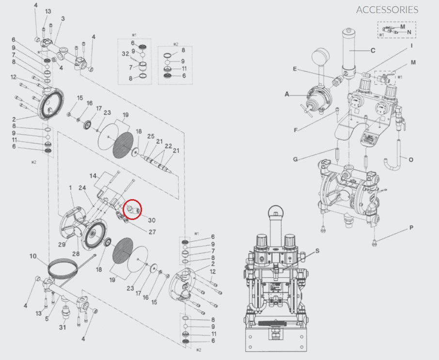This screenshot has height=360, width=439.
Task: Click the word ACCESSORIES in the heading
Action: tap(387, 10)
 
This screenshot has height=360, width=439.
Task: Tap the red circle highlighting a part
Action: tap(132, 209)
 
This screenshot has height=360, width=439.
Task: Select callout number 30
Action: tap(152, 220)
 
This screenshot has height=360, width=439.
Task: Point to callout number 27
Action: tap(152, 232)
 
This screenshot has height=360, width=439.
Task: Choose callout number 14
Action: tap(93, 175)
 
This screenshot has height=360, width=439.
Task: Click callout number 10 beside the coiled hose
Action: tap(33, 256)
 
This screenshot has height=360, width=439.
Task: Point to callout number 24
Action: tap(82, 188)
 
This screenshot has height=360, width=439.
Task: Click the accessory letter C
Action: tap(373, 50)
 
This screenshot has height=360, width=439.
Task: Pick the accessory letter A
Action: tap(286, 95)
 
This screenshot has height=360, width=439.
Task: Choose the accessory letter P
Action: tap(411, 227)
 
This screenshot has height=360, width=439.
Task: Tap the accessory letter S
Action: tap(317, 250)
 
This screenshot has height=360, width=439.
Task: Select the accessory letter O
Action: tap(411, 159)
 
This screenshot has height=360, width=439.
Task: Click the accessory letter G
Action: tap(295, 159)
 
